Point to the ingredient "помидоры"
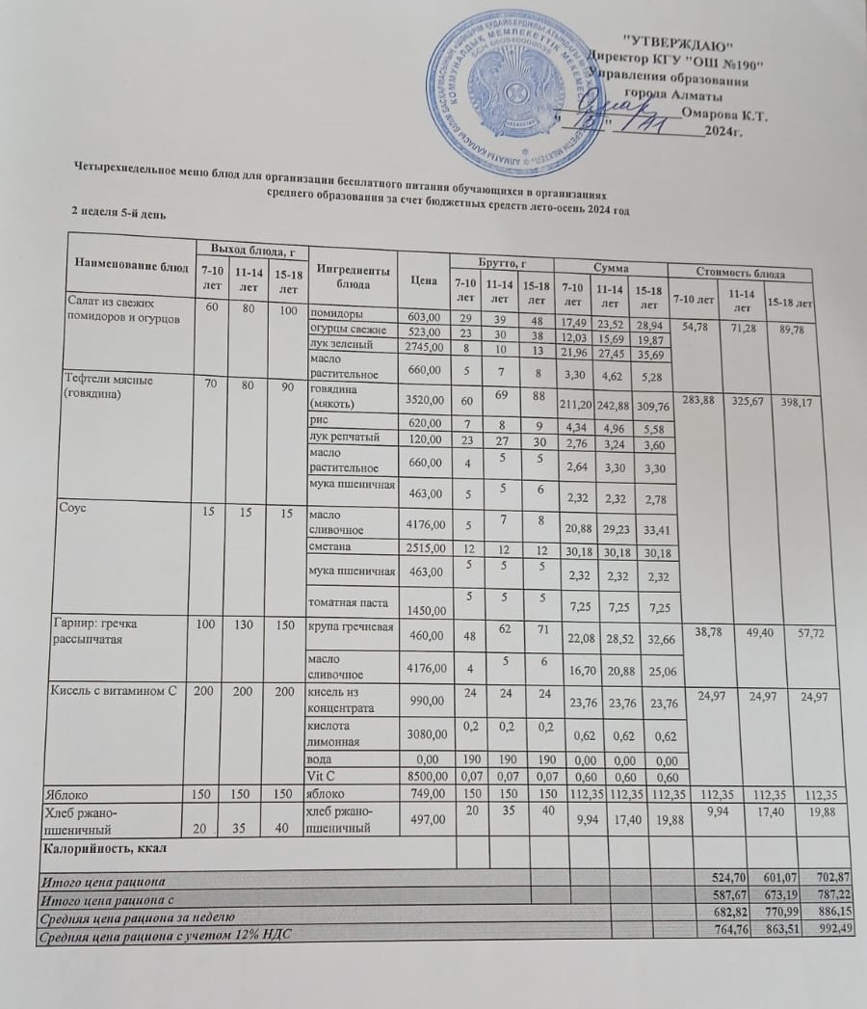[336, 315]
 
